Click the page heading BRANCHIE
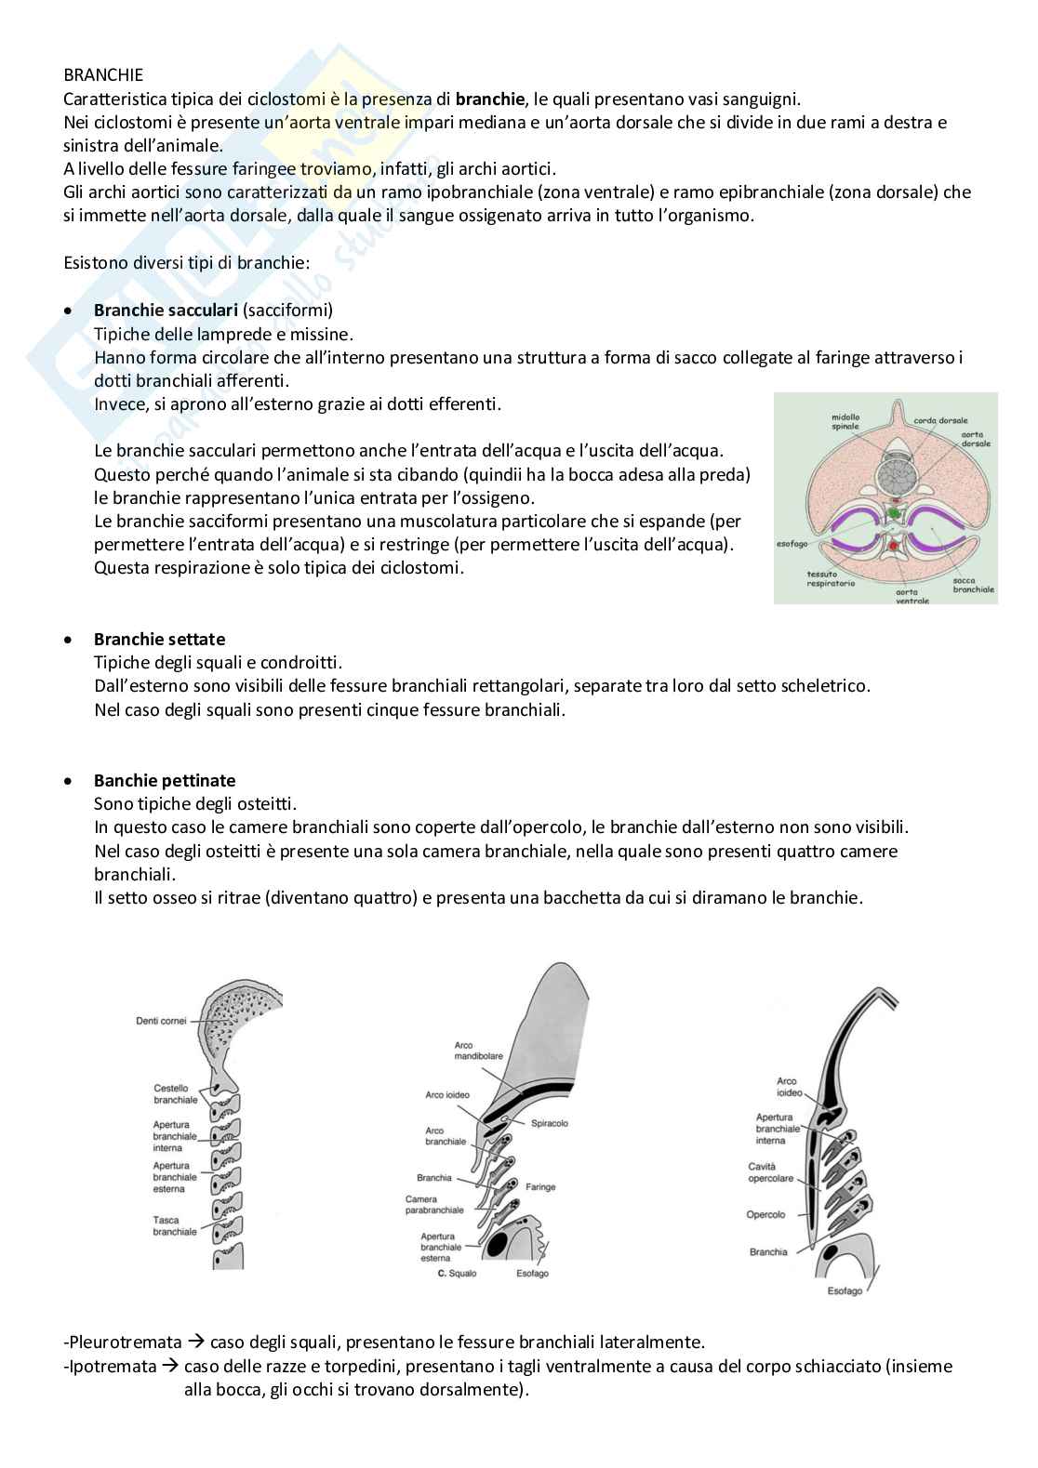tap(103, 74)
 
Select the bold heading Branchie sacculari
tap(166, 310)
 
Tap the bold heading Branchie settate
tap(159, 639)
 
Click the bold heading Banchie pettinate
tap(165, 780)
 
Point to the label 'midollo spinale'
tap(845, 422)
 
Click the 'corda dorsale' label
tap(940, 420)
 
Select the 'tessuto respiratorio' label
tap(831, 578)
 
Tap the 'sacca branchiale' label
tap(973, 585)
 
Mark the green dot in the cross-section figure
tap(895, 512)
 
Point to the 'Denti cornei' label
tap(161, 1021)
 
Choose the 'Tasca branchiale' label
tap(175, 1225)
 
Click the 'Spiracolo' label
tap(549, 1123)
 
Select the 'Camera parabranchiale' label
tap(433, 1205)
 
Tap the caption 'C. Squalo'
tap(457, 1273)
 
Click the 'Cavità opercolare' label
tap(770, 1172)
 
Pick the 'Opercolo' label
tap(765, 1214)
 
